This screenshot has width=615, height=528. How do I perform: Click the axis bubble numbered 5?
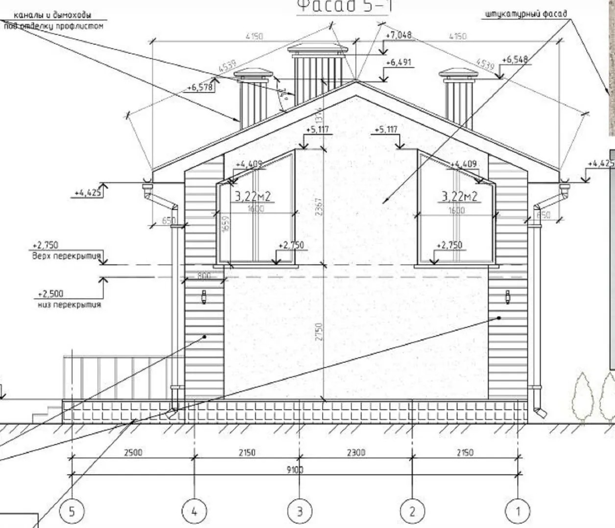[72, 511]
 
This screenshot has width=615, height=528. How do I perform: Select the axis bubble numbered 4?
[194, 511]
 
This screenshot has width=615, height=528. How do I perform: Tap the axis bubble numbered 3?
[300, 511]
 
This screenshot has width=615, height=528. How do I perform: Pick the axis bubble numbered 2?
[412, 511]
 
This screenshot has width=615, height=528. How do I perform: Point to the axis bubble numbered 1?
[518, 511]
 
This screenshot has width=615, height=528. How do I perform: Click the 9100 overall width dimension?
[295, 470]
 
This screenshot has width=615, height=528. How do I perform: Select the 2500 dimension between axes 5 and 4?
[133, 452]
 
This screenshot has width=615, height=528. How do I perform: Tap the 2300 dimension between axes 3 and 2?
[356, 452]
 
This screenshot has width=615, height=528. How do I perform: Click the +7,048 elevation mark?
[399, 35]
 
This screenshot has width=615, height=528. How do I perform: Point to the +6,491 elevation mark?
[399, 63]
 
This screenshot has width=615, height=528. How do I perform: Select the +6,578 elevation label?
[200, 88]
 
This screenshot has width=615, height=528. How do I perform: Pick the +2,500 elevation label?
[50, 294]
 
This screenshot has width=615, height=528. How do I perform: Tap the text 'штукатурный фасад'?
[526, 14]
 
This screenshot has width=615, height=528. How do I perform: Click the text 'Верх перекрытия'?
[66, 256]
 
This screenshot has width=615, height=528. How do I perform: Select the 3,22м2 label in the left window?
[253, 197]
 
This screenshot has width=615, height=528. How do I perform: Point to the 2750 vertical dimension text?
[319, 332]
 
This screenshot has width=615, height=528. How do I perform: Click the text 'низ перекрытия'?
[69, 305]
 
